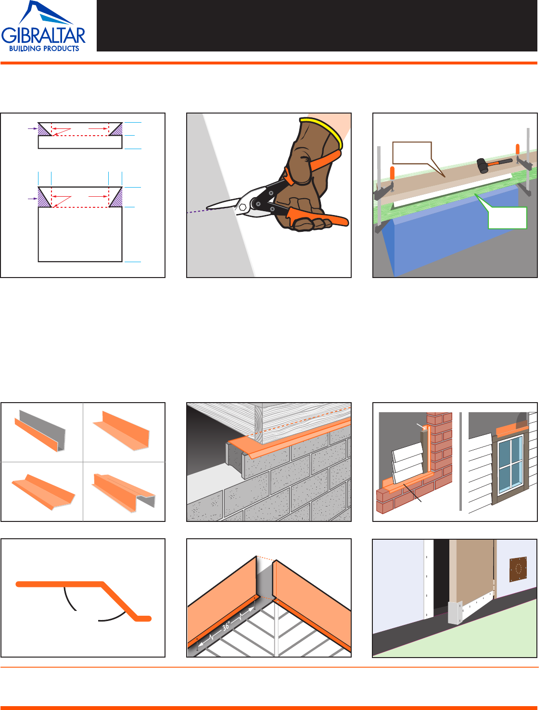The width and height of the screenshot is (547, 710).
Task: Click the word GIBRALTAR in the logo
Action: pyautogui.click(x=43, y=36)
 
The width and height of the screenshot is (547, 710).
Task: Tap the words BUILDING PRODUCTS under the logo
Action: pyautogui.click(x=44, y=49)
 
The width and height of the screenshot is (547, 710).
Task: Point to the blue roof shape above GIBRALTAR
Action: pyautogui.click(x=46, y=13)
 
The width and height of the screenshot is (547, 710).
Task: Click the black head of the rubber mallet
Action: pyautogui.click(x=483, y=165)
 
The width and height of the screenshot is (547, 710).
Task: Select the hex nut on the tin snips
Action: pyautogui.click(x=242, y=207)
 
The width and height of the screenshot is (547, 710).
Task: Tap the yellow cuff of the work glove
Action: pyautogui.click(x=323, y=131)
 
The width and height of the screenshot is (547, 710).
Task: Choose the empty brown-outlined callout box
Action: pyautogui.click(x=412, y=153)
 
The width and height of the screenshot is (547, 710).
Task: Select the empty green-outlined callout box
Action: pyautogui.click(x=507, y=217)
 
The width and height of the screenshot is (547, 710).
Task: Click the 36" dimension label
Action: pyautogui.click(x=226, y=626)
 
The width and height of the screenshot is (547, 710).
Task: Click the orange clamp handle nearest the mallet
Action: pyautogui.click(x=517, y=149)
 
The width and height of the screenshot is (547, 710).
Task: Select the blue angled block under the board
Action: pyautogui.click(x=451, y=228)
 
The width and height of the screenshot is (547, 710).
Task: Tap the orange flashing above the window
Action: pyautogui.click(x=512, y=431)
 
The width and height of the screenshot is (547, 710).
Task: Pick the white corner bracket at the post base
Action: pyautogui.click(x=455, y=613)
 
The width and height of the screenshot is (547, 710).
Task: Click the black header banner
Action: pyautogui.click(x=317, y=25)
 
